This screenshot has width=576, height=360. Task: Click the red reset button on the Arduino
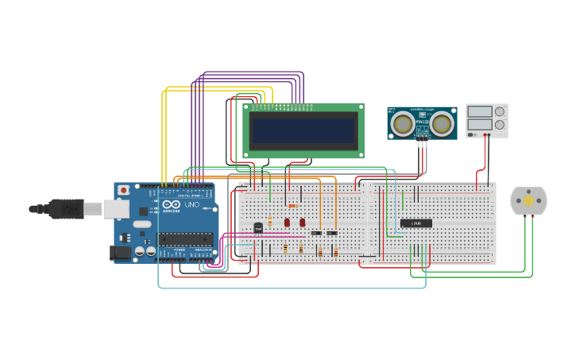tap(123, 191)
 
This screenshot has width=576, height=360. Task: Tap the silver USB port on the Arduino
tap(116, 209)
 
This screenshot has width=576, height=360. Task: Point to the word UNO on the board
tap(191, 205)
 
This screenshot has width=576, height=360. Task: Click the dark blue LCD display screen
tap(303, 130)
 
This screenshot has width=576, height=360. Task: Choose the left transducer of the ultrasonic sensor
tap(404, 122)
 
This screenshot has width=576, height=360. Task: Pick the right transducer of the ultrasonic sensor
tap(442, 122)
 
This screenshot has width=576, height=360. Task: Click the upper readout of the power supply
tap(479, 111)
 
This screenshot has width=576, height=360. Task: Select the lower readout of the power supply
tap(479, 124)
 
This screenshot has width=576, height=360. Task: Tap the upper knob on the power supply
tap(500, 111)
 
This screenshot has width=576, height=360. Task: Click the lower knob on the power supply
tap(500, 124)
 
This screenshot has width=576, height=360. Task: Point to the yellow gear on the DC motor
tap(528, 201)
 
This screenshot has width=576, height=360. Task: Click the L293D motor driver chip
tap(416, 223)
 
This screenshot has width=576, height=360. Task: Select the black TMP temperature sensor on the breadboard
tap(258, 228)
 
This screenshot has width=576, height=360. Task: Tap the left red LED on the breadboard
tap(287, 223)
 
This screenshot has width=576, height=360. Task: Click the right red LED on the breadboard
tap(302, 223)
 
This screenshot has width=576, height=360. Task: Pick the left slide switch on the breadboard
tap(316, 233)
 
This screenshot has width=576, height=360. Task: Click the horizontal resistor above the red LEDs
tap(292, 206)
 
